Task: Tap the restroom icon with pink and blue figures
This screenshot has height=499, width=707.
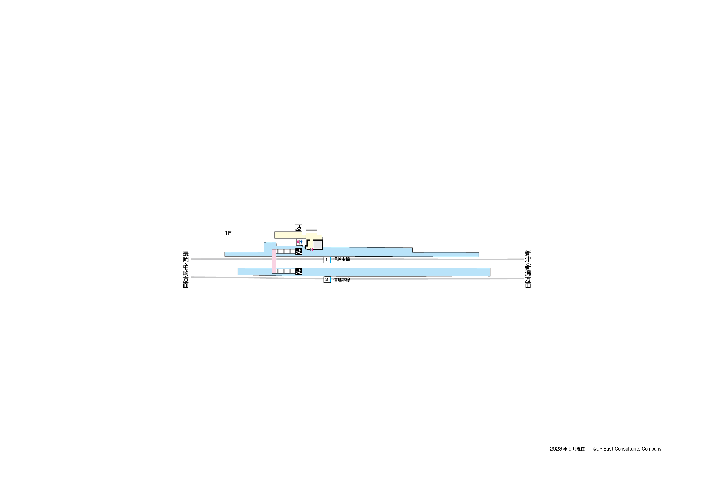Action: (300, 242)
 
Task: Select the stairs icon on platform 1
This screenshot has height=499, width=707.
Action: (299, 251)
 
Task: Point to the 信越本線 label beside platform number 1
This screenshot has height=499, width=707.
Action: (342, 259)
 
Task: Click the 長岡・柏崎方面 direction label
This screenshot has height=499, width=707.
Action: (186, 269)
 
